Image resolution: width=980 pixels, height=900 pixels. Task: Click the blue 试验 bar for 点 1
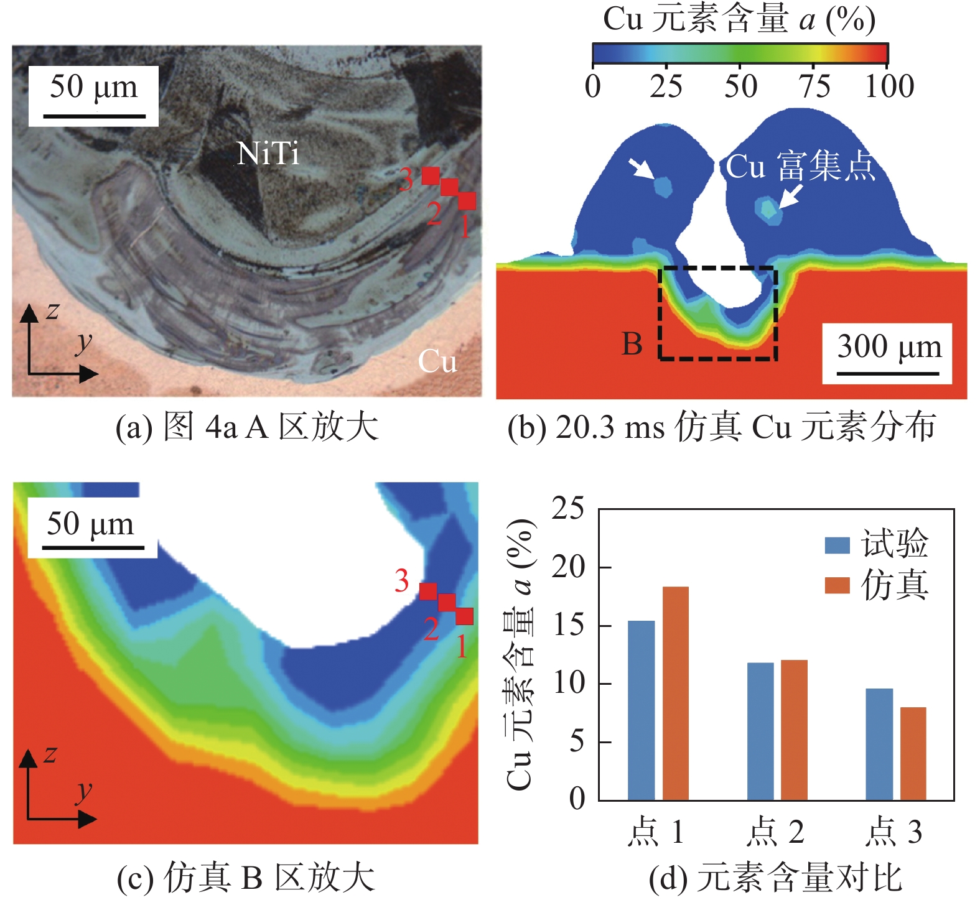point(641,710)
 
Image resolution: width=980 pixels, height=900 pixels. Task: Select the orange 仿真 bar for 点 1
point(675,693)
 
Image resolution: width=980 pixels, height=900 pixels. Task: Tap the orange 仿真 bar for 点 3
point(913,753)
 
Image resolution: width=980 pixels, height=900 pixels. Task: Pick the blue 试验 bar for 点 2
point(760,731)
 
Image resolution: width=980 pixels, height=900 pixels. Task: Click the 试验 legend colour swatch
point(837,545)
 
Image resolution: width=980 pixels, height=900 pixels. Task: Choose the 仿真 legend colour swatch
point(837,585)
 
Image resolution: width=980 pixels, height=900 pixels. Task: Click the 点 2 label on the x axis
point(776,832)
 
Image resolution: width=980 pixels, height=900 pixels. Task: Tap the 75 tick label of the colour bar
point(814,86)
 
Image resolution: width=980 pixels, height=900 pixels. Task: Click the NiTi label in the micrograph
point(268,153)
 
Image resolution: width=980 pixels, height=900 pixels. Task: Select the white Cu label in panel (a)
point(437,361)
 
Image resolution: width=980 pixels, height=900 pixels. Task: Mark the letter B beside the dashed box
point(632,344)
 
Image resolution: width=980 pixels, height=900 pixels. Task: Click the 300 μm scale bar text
point(889,346)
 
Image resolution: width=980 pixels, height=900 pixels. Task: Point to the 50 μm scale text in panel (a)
point(93,87)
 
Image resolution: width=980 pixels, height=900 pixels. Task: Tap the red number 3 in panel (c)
point(402,581)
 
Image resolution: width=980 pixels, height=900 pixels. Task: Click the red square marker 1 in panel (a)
point(467,201)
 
